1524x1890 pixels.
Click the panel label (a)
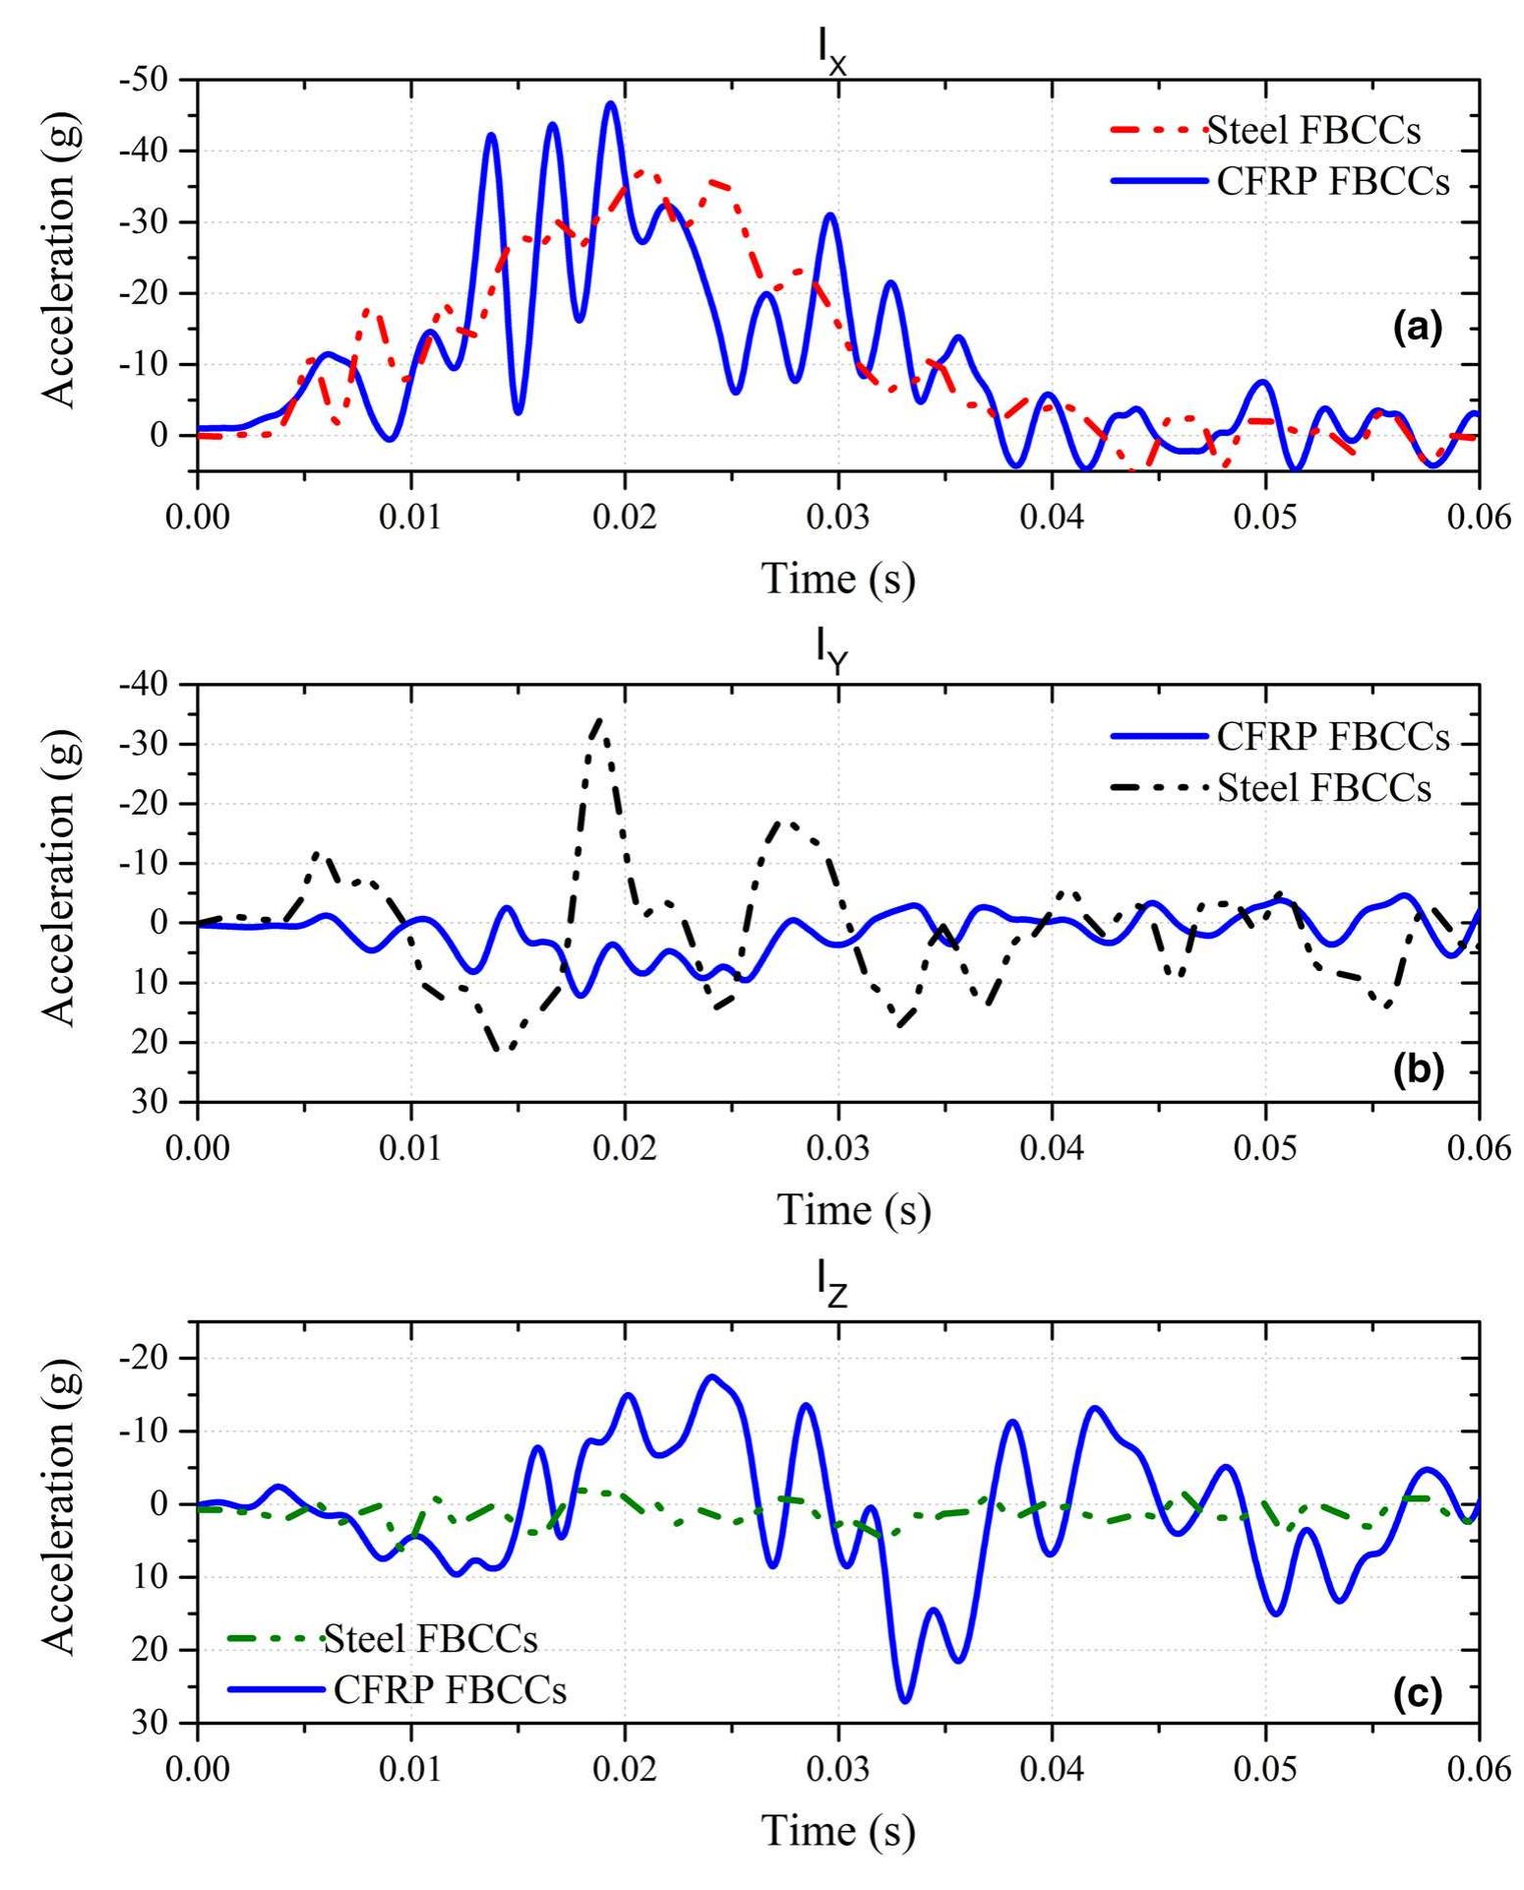point(1417,328)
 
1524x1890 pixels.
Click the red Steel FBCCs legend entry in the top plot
point(1313,130)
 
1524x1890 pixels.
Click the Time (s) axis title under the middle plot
point(854,1208)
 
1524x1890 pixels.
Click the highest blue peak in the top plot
point(611,103)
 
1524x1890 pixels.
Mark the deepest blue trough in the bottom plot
point(905,1699)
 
